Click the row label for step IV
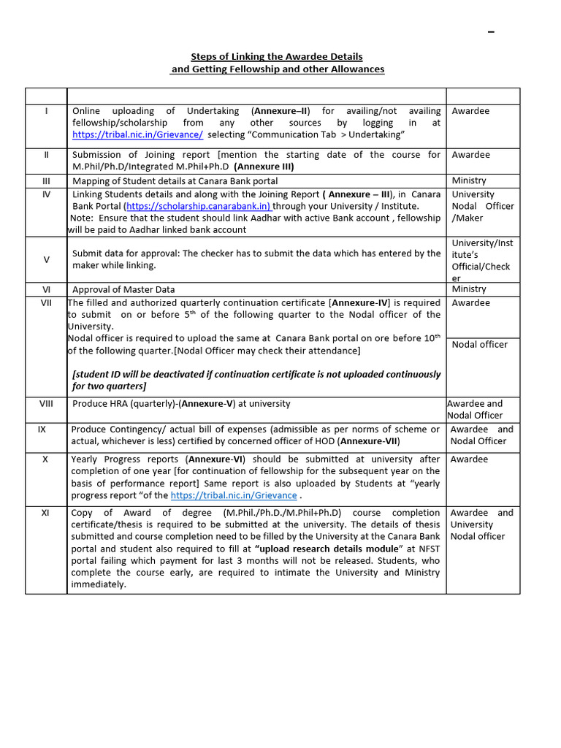click(x=46, y=194)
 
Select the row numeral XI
click(x=45, y=513)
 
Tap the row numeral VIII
click(x=46, y=403)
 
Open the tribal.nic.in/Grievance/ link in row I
click(x=137, y=134)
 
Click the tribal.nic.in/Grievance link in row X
click(x=234, y=495)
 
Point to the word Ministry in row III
click(x=469, y=180)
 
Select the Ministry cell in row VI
click(x=469, y=289)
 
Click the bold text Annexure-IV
click(x=360, y=302)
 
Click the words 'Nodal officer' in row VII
click(x=479, y=344)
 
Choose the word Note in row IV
click(x=83, y=218)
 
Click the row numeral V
click(x=46, y=259)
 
